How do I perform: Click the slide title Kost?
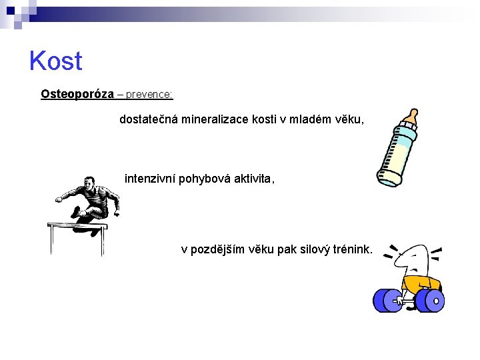click(55, 61)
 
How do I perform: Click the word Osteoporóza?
click(77, 94)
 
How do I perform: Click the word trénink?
click(350, 249)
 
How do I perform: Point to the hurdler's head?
click(89, 183)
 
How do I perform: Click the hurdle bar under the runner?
click(77, 227)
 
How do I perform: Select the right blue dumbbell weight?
click(431, 300)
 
